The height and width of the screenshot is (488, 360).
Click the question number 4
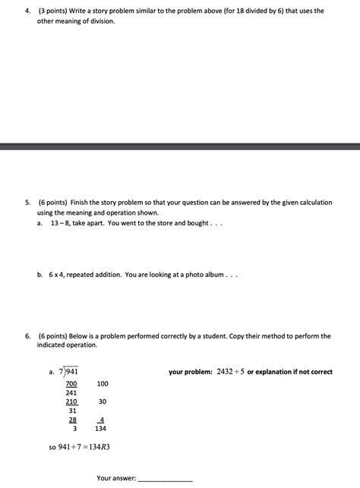(27, 11)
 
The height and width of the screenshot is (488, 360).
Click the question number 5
(27, 203)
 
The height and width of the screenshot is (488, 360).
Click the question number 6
(27, 335)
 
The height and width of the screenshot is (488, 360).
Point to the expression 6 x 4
(57, 275)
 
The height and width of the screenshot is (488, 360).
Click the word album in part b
(213, 275)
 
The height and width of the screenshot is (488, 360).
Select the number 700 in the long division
(71, 384)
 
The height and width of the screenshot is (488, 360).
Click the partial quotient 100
(103, 384)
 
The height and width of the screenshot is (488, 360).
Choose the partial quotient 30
(103, 401)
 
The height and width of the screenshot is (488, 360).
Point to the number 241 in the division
(71, 392)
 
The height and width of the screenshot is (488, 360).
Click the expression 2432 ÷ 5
(235, 372)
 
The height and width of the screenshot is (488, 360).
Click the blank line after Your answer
(165, 479)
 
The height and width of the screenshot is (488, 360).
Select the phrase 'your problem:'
(191, 372)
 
